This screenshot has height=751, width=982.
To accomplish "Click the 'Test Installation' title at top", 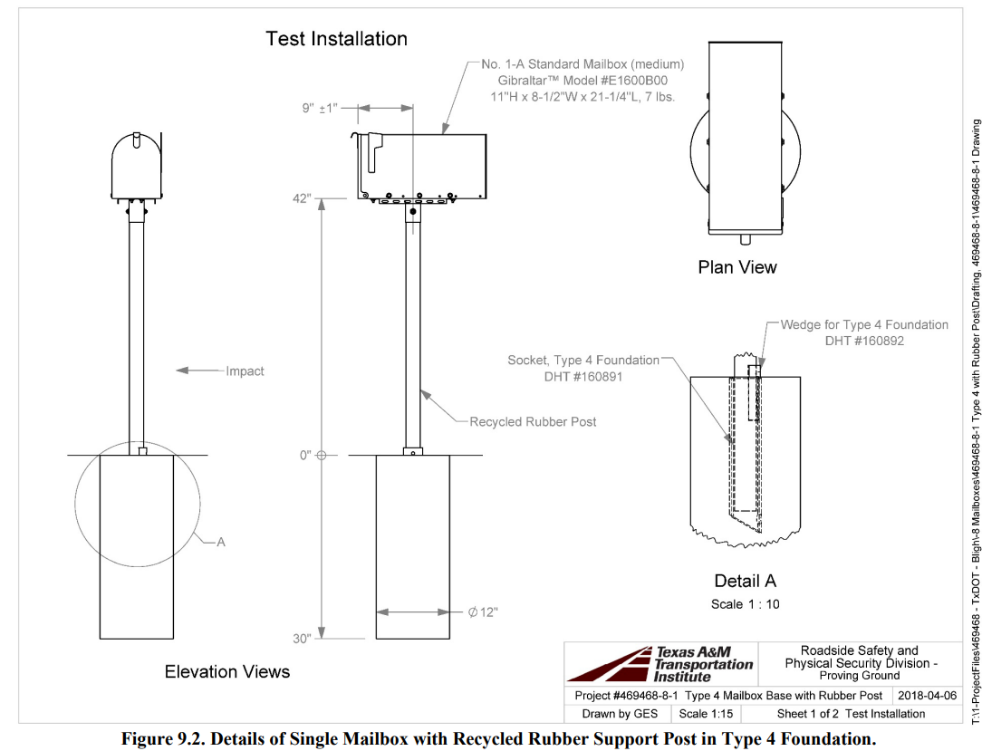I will (336, 39).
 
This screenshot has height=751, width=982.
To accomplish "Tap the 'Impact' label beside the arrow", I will (245, 371).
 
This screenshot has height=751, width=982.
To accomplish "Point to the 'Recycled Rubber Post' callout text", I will (533, 421).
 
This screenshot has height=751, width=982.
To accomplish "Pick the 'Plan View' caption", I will (737, 267).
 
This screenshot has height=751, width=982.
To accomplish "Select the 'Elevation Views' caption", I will (227, 671).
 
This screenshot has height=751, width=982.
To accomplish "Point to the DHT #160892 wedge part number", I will (864, 341).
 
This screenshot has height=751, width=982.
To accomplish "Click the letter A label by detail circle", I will (220, 515).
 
